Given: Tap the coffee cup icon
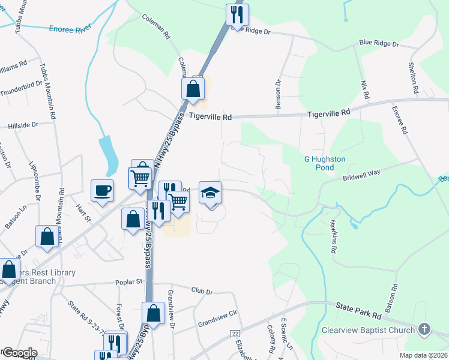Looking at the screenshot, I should [101, 190].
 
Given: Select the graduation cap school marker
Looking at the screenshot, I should [210, 193].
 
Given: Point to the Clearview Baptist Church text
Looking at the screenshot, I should [369, 330].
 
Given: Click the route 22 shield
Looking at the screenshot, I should [235, 333].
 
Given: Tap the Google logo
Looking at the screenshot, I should [19, 353].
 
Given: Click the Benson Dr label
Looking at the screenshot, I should [278, 95].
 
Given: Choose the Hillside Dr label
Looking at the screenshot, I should [23, 125].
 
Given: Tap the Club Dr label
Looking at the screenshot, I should [202, 292].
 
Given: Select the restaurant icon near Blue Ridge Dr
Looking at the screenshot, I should [237, 14].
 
